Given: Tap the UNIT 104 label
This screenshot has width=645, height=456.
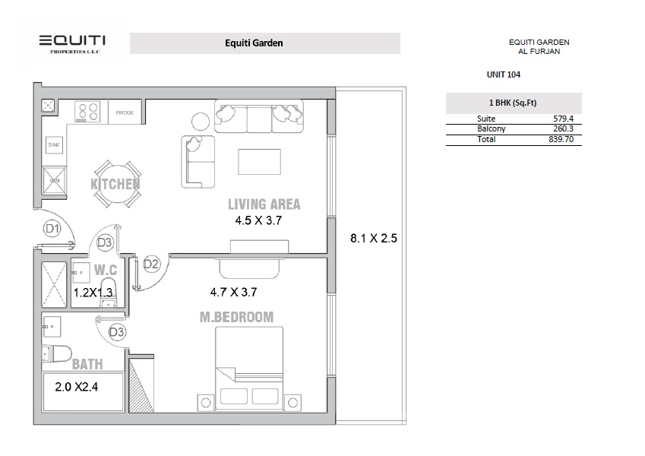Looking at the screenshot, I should pyautogui.click(x=503, y=74).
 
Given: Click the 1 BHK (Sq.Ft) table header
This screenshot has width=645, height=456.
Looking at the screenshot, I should pyautogui.click(x=513, y=103).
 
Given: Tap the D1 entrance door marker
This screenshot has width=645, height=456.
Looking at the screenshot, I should pyautogui.click(x=52, y=227).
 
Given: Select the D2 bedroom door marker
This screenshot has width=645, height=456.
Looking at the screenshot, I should pyautogui.click(x=151, y=264).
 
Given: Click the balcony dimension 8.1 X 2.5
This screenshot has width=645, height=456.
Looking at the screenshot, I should pyautogui.click(x=374, y=238).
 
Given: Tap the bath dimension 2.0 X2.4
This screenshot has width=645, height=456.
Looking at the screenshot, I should pyautogui.click(x=77, y=386).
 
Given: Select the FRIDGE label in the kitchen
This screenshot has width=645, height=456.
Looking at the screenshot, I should pyautogui.click(x=125, y=112).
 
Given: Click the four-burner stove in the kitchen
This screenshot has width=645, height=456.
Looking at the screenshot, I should pyautogui.click(x=88, y=112).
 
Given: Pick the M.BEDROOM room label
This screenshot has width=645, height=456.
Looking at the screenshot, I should pyautogui.click(x=236, y=317).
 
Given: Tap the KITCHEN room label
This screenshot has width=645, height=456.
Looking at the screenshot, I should pyautogui.click(x=115, y=185).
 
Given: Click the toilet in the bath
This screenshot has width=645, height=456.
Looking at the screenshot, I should pyautogui.click(x=55, y=353).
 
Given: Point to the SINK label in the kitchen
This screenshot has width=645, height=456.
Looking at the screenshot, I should pyautogui.click(x=54, y=144).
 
